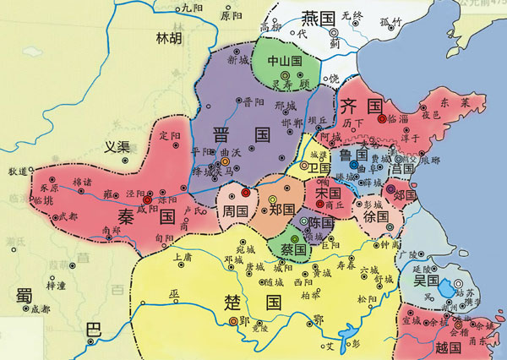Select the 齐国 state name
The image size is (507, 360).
click(362, 106)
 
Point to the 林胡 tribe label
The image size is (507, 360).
click(169, 37)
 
